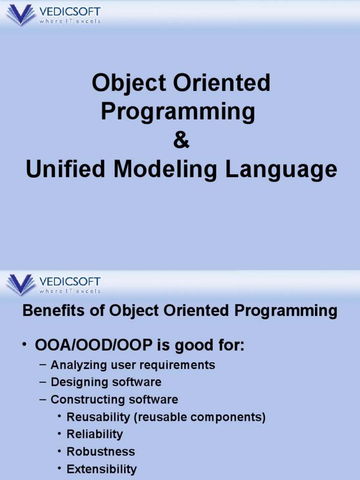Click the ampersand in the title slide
click(x=181, y=141)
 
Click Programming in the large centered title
click(x=178, y=112)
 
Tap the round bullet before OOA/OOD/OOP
click(x=25, y=345)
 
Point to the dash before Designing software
click(x=43, y=382)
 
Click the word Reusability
click(x=98, y=417)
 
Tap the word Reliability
click(x=95, y=434)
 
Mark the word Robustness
click(x=101, y=451)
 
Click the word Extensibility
click(x=102, y=469)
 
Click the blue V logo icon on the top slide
click(x=21, y=15)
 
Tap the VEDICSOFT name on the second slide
click(x=70, y=282)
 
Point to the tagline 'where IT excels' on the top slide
click(x=70, y=21)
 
